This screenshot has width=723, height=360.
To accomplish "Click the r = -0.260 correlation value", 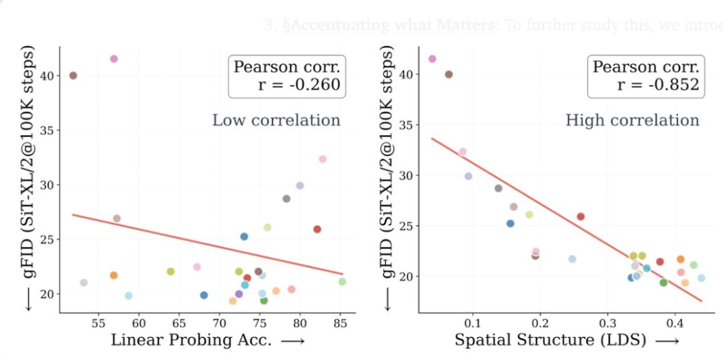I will (x=299, y=84).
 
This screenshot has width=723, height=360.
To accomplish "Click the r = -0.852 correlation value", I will (x=658, y=84).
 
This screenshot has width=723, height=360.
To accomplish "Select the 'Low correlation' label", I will (x=276, y=120).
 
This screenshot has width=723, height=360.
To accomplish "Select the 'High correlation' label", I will (x=633, y=120).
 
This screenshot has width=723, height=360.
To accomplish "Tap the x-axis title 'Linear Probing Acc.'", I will (x=191, y=340).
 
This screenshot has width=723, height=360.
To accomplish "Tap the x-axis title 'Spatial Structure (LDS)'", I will (x=550, y=340).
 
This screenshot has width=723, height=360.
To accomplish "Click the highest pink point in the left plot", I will (x=114, y=59).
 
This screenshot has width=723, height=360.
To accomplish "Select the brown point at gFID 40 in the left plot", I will (x=73, y=76).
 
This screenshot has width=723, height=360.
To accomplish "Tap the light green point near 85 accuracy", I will (x=342, y=282).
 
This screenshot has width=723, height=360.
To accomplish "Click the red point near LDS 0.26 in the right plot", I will (x=580, y=216).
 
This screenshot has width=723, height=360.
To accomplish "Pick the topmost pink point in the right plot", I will (x=432, y=59).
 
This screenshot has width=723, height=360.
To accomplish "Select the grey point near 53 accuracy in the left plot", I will (x=84, y=283).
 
